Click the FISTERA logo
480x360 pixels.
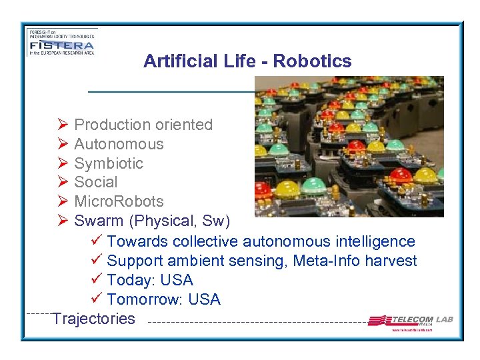61,42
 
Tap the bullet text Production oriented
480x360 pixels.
143,125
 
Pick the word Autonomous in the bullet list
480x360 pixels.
119,144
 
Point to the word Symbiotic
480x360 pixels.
109,163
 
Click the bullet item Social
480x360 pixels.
96,182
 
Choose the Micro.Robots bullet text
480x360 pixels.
119,201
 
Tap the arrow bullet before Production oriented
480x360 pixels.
63,125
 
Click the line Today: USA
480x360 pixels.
149,280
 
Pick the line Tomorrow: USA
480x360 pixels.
163,299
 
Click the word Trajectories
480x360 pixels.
94,319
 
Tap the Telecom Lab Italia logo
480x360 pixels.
410,321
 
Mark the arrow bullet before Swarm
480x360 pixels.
63,221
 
